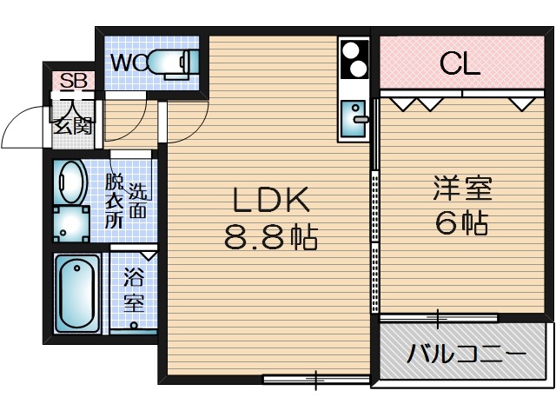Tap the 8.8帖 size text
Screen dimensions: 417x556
click(x=270, y=236)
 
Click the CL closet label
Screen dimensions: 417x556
click(x=460, y=63)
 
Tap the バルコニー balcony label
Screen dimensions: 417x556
click(x=467, y=355)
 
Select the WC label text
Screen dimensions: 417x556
click(x=127, y=63)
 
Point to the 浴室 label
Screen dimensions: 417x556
click(x=133, y=292)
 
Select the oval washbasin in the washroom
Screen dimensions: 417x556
click(x=69, y=182)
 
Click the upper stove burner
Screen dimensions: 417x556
click(x=354, y=51)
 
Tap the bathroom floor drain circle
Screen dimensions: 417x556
click(x=135, y=325)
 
